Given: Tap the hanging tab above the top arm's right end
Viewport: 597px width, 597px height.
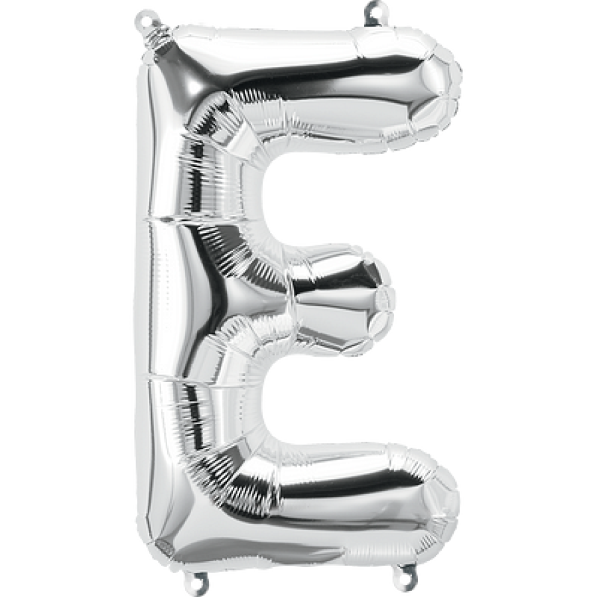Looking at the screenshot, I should tap(375, 11).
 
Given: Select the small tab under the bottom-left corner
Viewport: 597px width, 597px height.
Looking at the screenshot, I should tap(196, 584).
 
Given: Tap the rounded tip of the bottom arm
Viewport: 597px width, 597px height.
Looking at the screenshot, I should tap(446, 497).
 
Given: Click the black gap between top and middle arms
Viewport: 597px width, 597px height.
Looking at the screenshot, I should tap(332, 199).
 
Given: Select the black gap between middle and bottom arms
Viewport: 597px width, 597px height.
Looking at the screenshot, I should tap(332, 398).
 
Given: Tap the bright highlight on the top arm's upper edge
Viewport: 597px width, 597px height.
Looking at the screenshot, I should tap(298, 50).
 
